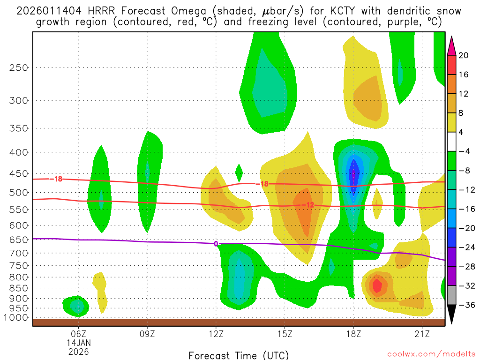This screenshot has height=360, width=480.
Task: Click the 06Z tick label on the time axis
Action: (x=78, y=334)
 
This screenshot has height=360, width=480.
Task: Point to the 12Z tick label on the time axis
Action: (x=216, y=334)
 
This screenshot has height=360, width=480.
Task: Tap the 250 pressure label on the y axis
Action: (x=19, y=67)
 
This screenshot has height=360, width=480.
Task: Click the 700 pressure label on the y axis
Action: (x=19, y=253)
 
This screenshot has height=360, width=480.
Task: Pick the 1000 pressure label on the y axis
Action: (x=17, y=318)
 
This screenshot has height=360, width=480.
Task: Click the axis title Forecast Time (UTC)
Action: (x=239, y=355)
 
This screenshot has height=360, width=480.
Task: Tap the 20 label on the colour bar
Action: (x=464, y=55)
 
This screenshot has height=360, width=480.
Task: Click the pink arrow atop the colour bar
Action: (x=451, y=45)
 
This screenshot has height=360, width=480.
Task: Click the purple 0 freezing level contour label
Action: (x=216, y=244)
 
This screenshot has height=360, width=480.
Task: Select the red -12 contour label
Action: (x=310, y=205)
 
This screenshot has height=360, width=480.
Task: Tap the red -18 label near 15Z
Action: (x=264, y=184)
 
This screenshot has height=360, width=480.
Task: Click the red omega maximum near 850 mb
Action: (x=377, y=284)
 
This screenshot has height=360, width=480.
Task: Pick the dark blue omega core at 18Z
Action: (x=354, y=175)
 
